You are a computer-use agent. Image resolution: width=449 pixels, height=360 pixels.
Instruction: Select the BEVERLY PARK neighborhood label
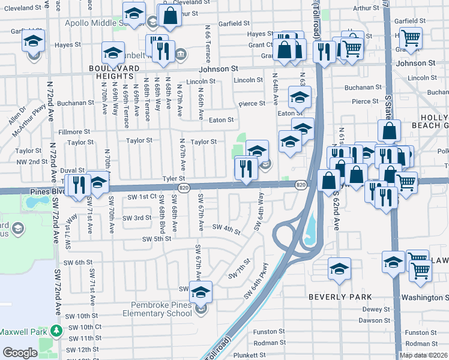click(x=340, y=297)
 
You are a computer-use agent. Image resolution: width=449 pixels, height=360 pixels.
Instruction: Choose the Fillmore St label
click(x=74, y=131)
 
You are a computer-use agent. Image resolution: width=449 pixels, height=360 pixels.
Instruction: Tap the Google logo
click(x=20, y=353)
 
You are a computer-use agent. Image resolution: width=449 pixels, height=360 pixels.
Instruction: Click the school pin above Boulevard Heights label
click(x=113, y=53)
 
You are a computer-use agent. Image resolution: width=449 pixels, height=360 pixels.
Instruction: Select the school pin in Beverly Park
click(x=339, y=269)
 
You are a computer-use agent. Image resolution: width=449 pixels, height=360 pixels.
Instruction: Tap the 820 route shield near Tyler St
click(x=185, y=188)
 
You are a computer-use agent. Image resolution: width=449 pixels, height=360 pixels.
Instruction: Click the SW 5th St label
click(x=157, y=239)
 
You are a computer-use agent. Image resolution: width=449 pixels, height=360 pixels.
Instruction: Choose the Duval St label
click(x=72, y=170)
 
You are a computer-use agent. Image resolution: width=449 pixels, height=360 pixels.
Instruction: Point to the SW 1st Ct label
click(x=142, y=196)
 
